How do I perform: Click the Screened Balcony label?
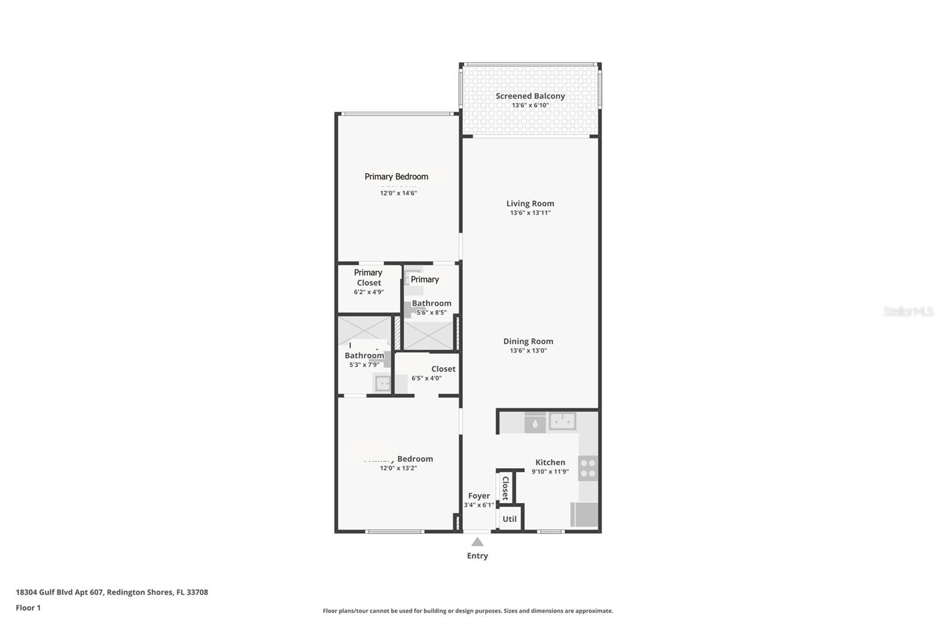530,96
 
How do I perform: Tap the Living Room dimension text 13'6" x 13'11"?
530,213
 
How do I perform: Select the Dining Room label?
528,341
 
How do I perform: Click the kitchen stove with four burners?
588,468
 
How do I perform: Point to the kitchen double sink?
562,421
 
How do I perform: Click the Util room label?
510,519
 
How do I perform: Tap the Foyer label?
479,496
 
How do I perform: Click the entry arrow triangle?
477,542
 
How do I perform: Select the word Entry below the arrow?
477,556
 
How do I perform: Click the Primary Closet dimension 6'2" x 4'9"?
369,292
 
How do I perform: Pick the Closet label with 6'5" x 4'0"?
443,369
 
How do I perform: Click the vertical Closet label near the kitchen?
505,487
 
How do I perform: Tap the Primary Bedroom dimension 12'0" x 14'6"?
398,193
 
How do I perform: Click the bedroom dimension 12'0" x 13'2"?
398,468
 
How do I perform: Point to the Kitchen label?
550,462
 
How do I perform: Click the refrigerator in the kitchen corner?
584,515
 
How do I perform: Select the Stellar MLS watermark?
908,311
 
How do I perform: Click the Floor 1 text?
28,608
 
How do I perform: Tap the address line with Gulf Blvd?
112,592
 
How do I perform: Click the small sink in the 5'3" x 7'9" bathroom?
383,383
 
